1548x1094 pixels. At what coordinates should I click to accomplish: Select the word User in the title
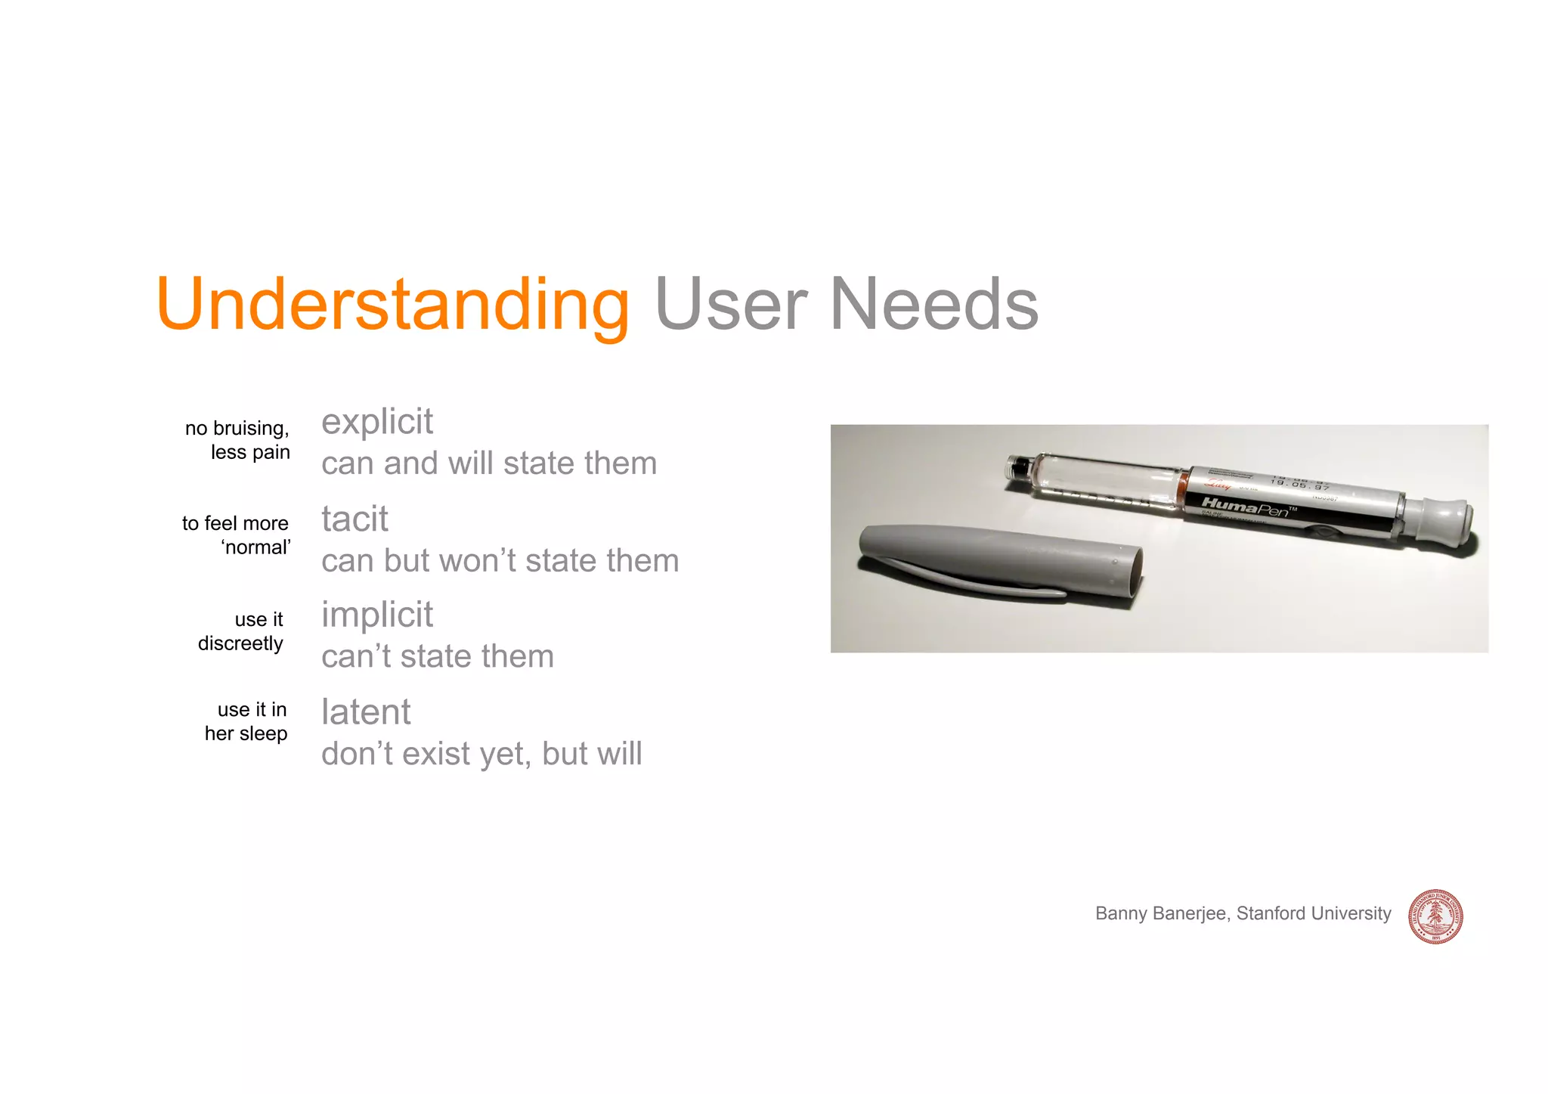coord(731,305)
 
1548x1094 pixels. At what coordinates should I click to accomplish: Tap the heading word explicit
coord(376,422)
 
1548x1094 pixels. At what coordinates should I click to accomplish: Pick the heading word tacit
coord(354,519)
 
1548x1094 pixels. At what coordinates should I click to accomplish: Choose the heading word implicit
coord(376,615)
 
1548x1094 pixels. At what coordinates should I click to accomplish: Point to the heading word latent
coord(366,712)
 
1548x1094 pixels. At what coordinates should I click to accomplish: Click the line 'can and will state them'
coord(488,463)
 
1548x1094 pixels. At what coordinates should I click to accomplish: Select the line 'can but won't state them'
coord(500,561)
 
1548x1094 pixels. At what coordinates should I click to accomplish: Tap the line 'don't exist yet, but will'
coord(481,754)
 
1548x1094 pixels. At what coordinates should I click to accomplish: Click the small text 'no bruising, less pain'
coord(238,440)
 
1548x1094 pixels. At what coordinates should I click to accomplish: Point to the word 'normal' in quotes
coord(256,547)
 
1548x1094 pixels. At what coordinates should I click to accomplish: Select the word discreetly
coord(240,643)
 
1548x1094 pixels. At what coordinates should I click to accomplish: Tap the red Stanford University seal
coord(1435,916)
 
